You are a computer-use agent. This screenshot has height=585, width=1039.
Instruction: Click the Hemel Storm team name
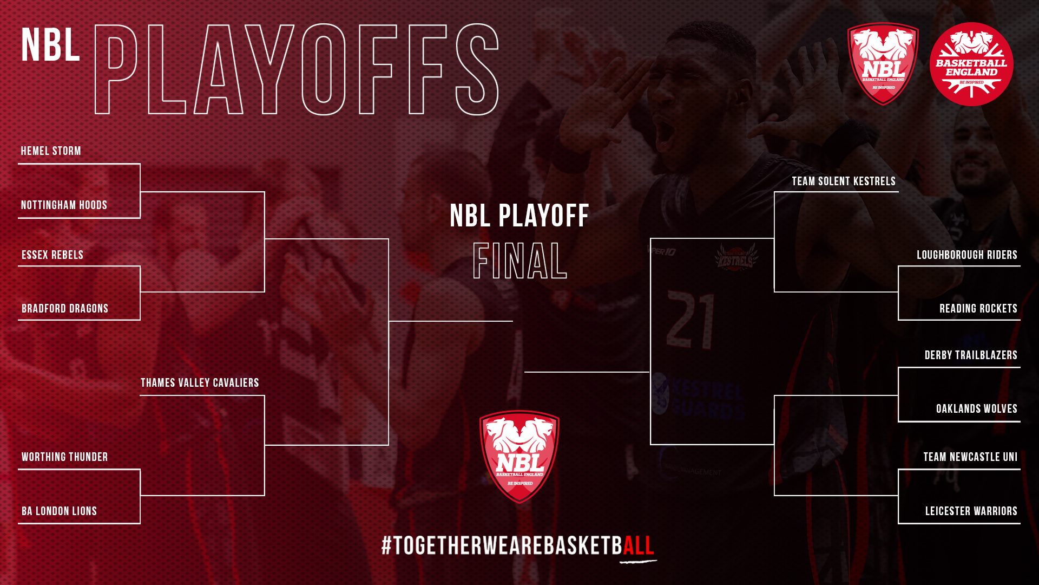[x=51, y=151]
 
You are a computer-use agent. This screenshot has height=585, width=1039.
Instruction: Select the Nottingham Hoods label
[x=64, y=205]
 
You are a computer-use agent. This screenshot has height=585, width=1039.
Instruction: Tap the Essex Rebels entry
[x=52, y=255]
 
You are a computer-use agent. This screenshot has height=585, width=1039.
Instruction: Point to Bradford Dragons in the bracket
[x=65, y=309]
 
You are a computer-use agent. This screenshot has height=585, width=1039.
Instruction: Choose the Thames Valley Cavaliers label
[x=200, y=383]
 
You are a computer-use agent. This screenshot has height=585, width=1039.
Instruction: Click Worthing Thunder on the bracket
[x=65, y=457]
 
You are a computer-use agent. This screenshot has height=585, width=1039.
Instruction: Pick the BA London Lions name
[x=59, y=511]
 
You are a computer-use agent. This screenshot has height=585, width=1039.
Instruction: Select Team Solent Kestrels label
[x=844, y=181]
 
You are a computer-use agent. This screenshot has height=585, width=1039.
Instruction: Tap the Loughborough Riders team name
[x=967, y=255]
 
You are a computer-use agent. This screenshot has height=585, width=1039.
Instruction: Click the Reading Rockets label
[x=978, y=309]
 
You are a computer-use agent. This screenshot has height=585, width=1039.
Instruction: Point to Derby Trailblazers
[x=971, y=355]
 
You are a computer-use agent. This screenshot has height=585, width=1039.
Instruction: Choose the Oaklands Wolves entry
[x=977, y=409]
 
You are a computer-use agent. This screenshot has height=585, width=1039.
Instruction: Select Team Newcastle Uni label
[x=970, y=457]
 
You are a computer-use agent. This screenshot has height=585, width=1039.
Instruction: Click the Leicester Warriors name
[x=971, y=511]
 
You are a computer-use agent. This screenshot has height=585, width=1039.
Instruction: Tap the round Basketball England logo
[x=971, y=64]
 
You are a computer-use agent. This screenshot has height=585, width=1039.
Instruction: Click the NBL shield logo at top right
[x=883, y=64]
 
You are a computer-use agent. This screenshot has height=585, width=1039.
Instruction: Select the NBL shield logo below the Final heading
[x=519, y=457]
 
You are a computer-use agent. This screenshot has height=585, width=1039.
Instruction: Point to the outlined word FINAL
[x=519, y=261]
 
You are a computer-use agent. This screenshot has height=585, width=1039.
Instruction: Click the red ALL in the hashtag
[x=639, y=545]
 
